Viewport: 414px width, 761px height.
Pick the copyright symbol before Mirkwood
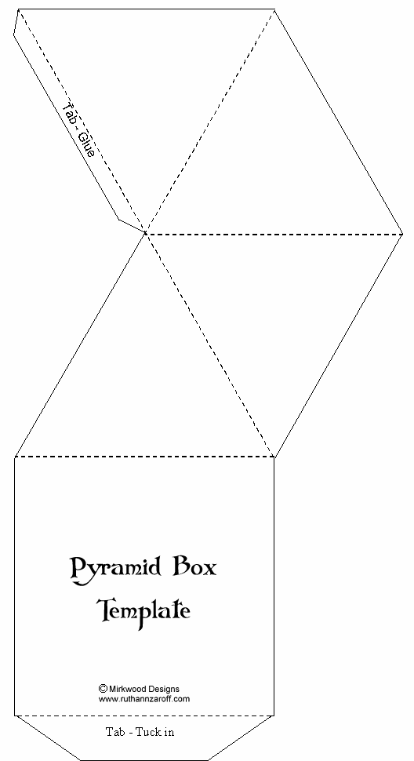[x=103, y=688]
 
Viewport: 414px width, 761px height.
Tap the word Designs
[x=163, y=689]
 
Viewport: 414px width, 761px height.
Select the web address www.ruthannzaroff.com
[x=144, y=699]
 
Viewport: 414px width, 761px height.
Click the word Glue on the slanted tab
[x=85, y=144]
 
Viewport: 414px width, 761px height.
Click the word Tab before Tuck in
[x=114, y=731]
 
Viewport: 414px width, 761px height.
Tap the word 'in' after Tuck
[x=169, y=731]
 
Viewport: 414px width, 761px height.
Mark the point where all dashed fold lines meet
[x=145, y=234]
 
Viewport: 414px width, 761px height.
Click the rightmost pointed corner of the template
[x=403, y=235]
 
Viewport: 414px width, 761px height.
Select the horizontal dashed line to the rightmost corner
[x=274, y=235]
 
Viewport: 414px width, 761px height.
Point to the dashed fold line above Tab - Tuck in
[x=144, y=715]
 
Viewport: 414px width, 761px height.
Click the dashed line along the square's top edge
[x=144, y=457]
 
